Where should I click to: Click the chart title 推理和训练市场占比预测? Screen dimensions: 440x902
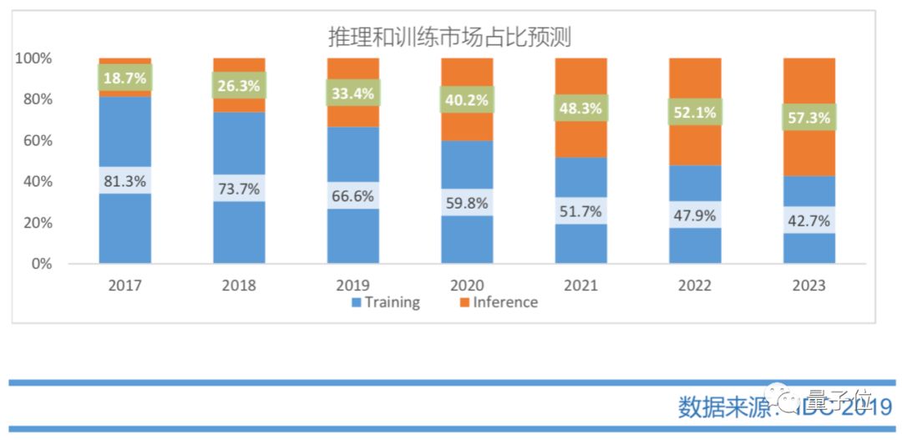(448, 36)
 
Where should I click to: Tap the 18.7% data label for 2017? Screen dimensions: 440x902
(124, 78)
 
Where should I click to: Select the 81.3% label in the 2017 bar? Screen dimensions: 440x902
(124, 180)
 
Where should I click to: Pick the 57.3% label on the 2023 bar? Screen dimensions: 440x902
(808, 118)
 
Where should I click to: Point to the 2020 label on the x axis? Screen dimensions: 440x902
(467, 286)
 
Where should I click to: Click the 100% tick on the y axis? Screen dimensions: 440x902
(33, 58)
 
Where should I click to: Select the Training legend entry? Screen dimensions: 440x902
(385, 302)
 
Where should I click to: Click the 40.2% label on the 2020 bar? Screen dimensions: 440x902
(467, 99)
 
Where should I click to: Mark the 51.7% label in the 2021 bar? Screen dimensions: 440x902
(580, 211)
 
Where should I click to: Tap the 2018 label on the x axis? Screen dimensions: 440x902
(239, 286)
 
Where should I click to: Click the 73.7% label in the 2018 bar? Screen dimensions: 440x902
(239, 188)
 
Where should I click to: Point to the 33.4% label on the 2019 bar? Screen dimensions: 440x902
(352, 93)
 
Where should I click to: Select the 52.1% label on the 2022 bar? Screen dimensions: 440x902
(695, 112)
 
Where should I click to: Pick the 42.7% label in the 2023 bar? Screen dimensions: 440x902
(808, 220)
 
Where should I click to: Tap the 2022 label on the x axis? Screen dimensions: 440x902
(695, 286)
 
